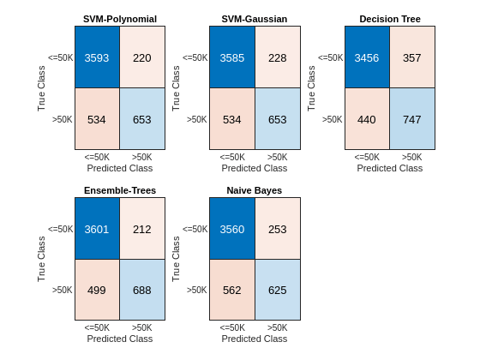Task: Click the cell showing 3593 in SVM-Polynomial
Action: click(97, 57)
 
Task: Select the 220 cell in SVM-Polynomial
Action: click(142, 57)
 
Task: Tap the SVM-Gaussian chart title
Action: click(255, 19)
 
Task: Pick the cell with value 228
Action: click(278, 57)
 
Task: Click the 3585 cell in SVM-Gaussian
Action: click(232, 57)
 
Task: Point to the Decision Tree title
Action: click(390, 19)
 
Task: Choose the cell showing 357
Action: click(412, 57)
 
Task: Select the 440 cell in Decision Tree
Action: click(367, 119)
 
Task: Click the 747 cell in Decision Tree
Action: click(412, 119)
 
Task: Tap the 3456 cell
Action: click(367, 57)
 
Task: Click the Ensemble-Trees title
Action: click(120, 190)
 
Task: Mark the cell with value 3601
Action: click(97, 229)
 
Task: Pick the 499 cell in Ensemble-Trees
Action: click(97, 290)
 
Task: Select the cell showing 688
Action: click(142, 290)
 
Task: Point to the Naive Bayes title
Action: click(255, 190)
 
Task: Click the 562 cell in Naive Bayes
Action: click(232, 290)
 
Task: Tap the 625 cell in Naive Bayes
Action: click(278, 290)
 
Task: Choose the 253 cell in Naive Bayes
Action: click(278, 229)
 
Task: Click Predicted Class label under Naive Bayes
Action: click(255, 339)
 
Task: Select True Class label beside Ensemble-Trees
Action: click(41, 259)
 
